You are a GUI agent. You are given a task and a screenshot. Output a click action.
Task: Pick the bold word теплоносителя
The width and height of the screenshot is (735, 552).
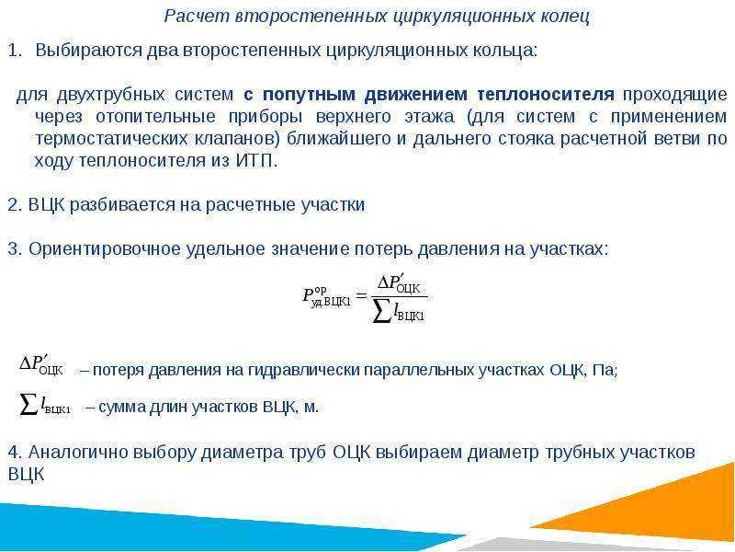[546, 95]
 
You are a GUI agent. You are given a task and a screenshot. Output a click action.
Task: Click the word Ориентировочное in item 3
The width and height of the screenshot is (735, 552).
[105, 248]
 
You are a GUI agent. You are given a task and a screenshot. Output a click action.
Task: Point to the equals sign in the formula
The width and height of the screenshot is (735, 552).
[361, 295]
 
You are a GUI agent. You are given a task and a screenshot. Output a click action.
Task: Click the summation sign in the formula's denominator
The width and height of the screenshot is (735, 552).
[382, 311]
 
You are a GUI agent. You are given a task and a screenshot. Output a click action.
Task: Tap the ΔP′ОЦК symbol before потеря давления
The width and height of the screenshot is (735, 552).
[40, 364]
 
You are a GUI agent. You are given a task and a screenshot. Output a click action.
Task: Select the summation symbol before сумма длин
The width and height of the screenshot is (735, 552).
[28, 405]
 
